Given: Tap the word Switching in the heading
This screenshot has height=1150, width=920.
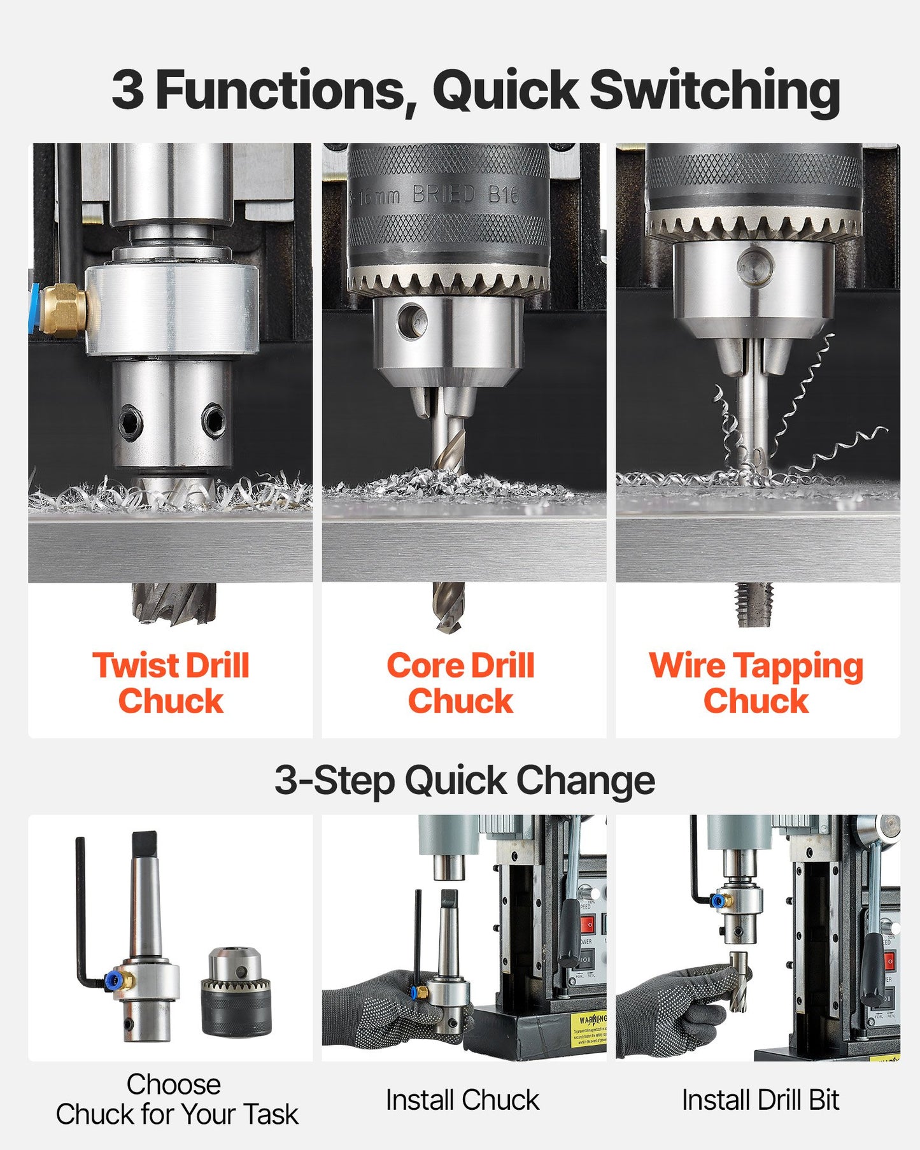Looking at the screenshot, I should point(714,90).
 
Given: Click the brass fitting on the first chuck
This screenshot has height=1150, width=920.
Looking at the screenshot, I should point(64,309).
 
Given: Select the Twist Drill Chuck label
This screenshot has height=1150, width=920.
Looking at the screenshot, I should point(171,683).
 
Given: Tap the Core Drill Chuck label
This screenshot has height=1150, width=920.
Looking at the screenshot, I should point(460,683).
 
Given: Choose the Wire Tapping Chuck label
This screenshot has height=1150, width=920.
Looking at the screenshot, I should point(756,683).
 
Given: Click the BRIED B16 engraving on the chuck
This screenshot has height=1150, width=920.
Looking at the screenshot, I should point(465,194).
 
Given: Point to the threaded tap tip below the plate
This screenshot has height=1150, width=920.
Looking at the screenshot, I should point(755,603).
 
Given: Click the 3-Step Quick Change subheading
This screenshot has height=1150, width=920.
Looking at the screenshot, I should point(464,780).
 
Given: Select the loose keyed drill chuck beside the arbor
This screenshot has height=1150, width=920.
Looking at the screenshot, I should point(236,991).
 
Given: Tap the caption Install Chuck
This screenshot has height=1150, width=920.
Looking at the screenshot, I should point(462,1100).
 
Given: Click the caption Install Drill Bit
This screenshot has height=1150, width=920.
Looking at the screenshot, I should point(760,1100).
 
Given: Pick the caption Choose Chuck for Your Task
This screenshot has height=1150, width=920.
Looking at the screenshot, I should point(176,1099).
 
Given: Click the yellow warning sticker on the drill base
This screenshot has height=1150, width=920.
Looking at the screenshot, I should point(589,1029).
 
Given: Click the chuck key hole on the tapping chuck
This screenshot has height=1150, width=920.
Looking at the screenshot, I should point(755,265).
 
